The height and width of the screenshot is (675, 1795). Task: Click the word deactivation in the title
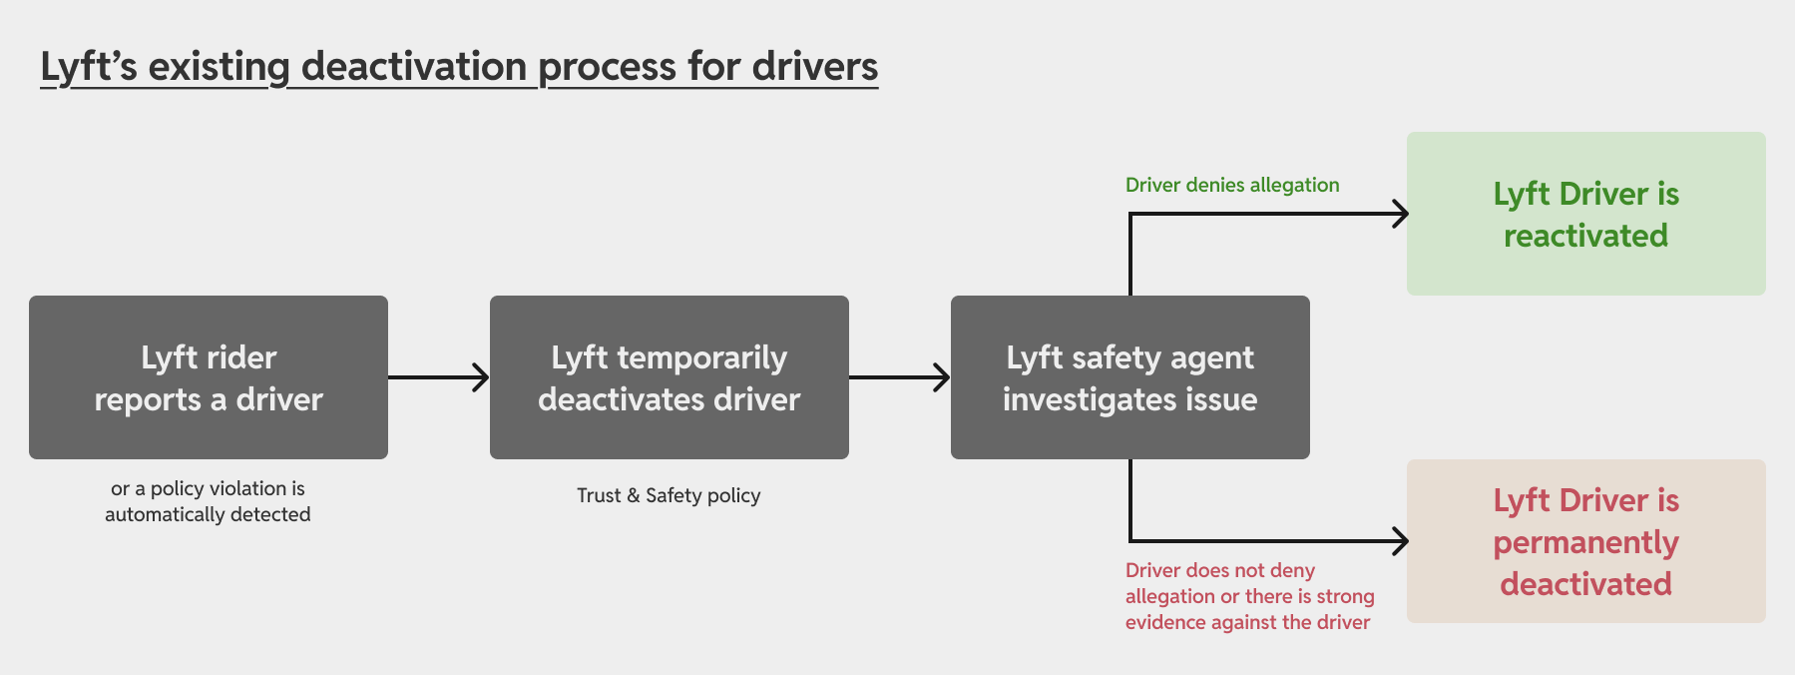[x=413, y=67]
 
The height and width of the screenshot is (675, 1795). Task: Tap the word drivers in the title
[x=814, y=67]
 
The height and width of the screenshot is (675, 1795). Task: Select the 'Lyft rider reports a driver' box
[x=208, y=377]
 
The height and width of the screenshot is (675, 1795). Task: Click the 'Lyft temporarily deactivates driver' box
[x=669, y=377]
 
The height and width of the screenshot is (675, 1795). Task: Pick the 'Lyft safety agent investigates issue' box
[x=1129, y=377]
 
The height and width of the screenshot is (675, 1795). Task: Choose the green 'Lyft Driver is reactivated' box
[x=1585, y=214]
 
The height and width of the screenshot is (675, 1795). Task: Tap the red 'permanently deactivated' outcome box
[x=1585, y=541]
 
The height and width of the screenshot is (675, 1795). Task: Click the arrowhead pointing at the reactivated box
[x=1401, y=214]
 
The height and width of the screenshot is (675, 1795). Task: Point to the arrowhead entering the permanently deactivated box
[x=1401, y=541]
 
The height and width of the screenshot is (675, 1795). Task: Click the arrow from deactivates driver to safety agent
[x=898, y=377]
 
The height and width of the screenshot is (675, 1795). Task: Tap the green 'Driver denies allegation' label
[x=1231, y=185]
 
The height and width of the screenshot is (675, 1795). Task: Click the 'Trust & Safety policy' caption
[x=669, y=495]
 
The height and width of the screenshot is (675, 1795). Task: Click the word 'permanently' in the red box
[x=1585, y=542]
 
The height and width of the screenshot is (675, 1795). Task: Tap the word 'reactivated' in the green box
[x=1585, y=236]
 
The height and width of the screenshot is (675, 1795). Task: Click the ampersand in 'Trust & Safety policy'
[x=633, y=495]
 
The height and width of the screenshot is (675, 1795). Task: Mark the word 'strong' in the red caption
[x=1345, y=596]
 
